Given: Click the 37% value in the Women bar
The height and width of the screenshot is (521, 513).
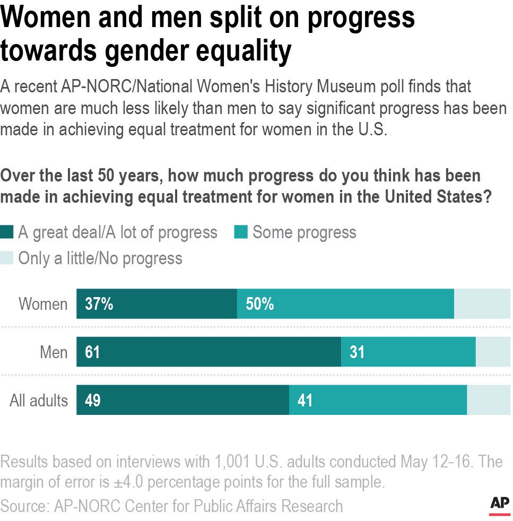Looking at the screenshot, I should click(99, 304).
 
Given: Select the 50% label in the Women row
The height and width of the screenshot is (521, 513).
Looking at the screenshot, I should click(259, 304).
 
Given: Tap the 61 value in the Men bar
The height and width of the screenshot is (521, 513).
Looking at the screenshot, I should click(92, 352).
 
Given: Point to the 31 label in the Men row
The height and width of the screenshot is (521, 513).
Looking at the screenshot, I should click(357, 352).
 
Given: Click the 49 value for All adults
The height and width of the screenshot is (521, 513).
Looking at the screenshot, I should click(92, 400).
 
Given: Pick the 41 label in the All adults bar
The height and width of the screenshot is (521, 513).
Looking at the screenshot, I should click(305, 400).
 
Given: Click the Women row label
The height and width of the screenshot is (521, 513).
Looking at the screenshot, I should click(43, 304).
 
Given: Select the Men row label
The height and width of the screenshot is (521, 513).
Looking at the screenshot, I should click(54, 352).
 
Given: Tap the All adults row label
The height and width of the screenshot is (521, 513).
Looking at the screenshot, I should click(39, 400).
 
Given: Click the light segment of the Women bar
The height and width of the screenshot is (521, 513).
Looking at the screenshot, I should click(482, 304).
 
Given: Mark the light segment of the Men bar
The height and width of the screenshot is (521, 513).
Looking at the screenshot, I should click(493, 352).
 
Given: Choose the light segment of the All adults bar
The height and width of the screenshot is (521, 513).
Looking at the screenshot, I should click(488, 400).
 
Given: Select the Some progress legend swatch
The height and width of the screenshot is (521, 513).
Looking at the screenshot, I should click(241, 233).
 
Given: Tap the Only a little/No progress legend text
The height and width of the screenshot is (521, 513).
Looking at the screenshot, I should click(100, 258).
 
